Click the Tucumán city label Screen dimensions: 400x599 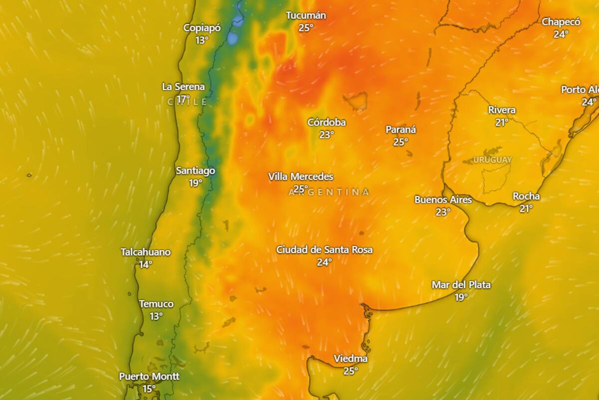306,15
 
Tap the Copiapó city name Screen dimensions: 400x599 202,28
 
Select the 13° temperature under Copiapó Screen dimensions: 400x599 202,40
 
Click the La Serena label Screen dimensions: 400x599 183,86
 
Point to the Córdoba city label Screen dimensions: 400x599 326,122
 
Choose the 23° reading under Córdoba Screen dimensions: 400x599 326,134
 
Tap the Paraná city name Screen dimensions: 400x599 401,130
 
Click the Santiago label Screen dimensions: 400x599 196,171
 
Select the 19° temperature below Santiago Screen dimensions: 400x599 196,183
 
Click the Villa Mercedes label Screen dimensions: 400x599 300,176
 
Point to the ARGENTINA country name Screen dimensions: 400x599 329,192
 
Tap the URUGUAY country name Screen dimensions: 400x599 492,160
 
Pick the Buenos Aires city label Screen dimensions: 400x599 443,200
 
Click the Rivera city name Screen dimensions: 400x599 502,110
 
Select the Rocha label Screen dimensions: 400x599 526,196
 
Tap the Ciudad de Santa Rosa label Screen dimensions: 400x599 324,249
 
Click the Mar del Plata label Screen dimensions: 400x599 461,285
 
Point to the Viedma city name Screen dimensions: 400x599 350,359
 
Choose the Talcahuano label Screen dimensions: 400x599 145,252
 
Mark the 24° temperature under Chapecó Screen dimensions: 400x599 561,34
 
